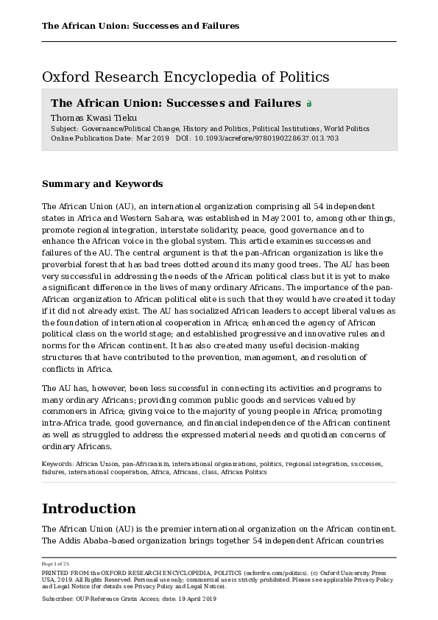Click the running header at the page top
(x=141, y=26)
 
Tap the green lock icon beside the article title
(x=309, y=104)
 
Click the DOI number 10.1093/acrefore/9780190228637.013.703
(x=266, y=138)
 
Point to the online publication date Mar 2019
(x=153, y=138)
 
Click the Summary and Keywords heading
(x=102, y=184)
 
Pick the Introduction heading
(x=89, y=509)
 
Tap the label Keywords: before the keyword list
(x=58, y=465)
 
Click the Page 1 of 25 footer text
(x=55, y=564)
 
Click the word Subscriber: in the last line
(x=58, y=599)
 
